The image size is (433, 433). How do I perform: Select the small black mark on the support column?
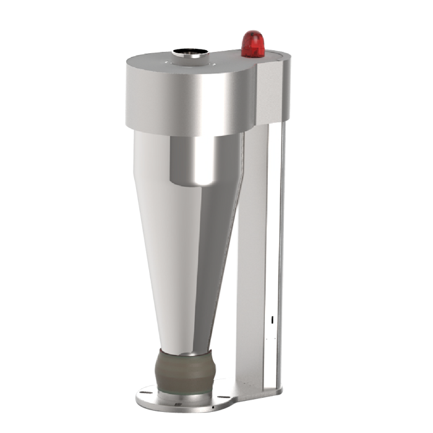(x=272, y=320)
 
